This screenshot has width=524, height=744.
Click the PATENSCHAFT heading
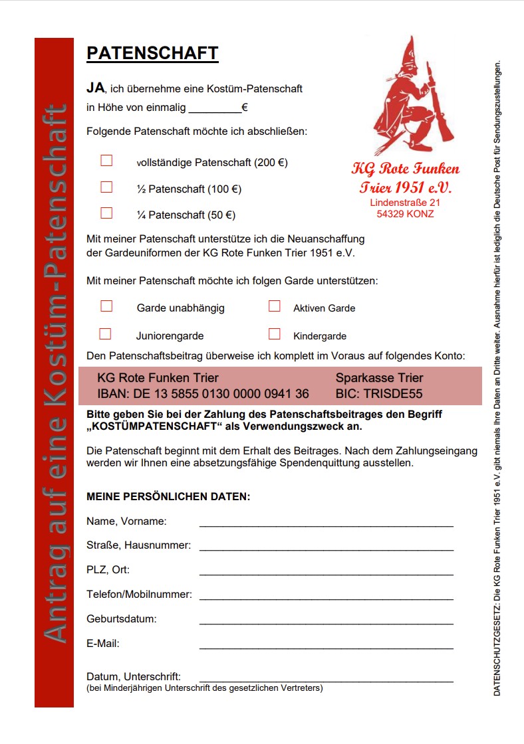[152, 53]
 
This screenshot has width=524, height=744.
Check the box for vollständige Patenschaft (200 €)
[106, 161]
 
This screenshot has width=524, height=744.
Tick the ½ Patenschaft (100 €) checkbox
[106, 187]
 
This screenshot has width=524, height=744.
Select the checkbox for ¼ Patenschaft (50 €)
[106, 213]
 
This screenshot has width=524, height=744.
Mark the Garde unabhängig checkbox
[106, 306]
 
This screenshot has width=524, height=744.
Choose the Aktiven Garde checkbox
[274, 306]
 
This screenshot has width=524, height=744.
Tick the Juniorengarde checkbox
[105, 334]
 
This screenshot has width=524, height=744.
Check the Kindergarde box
[274, 334]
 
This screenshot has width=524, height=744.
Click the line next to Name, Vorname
[326, 524]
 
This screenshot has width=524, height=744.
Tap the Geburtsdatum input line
[326, 622]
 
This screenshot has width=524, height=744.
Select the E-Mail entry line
[326, 647]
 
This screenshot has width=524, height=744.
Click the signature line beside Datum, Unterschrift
[326, 680]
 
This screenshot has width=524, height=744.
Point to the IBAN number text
[203, 394]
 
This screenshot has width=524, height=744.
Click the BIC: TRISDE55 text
[378, 394]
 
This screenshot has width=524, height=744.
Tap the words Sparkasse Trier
[379, 378]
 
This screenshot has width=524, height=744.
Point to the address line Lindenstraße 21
[405, 202]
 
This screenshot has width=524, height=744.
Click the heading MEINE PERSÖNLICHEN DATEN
[168, 496]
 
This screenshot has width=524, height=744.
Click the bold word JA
[96, 88]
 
